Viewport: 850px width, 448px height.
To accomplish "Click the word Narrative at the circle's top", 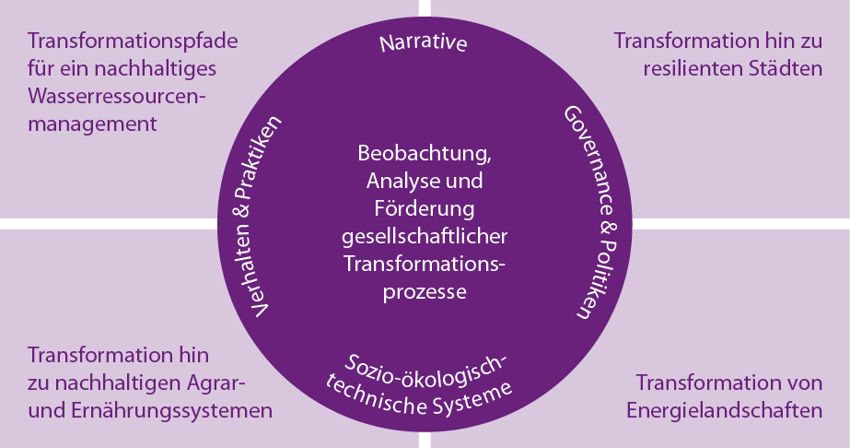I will pos(425,44).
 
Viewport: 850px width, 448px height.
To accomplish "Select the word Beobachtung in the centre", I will pos(425,152).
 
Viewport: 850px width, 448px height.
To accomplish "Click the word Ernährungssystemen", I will pos(171,410).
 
